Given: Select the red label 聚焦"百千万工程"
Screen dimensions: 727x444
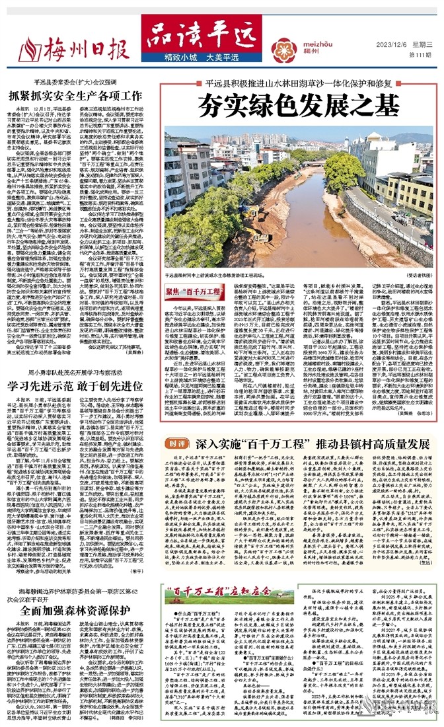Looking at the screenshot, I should point(189,289).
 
